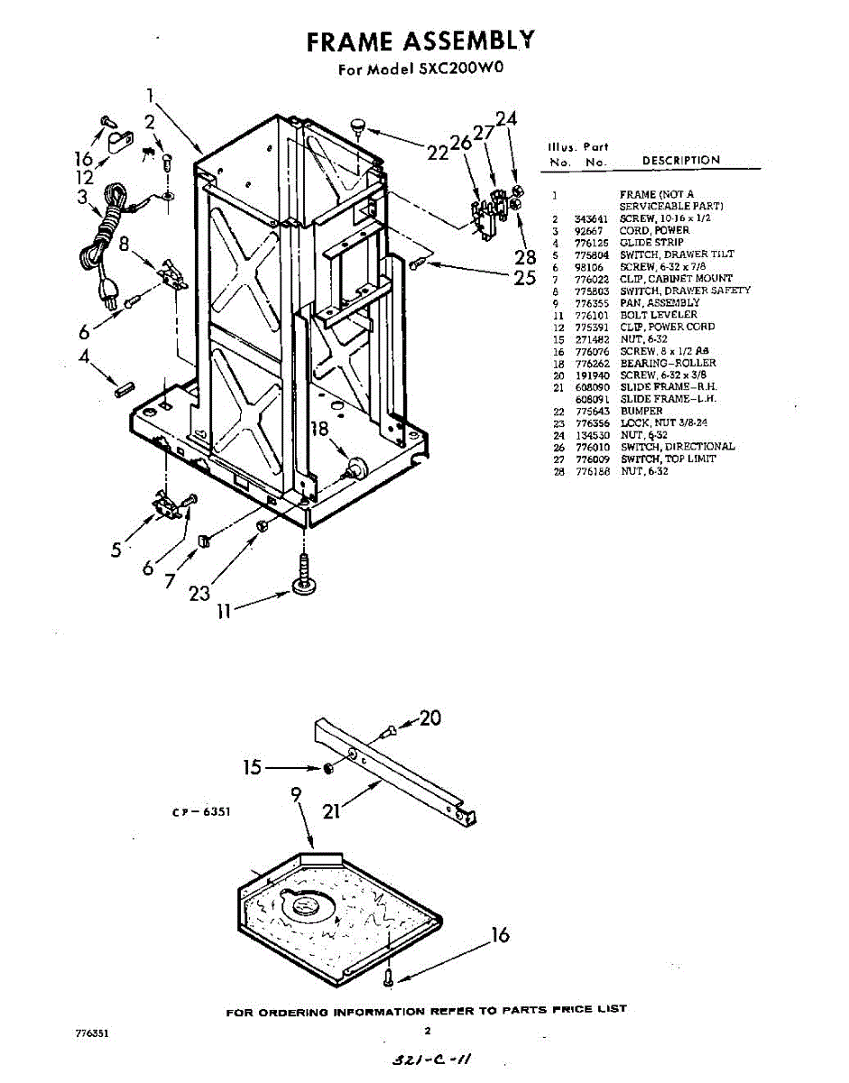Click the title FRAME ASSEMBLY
pos(420,42)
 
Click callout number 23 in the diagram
pos(199,593)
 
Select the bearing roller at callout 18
pos(354,467)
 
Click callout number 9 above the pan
pos(295,795)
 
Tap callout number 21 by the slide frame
pos(332,811)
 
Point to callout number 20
pos(430,718)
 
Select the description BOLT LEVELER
pos(658,315)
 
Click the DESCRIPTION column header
pos(681,161)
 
